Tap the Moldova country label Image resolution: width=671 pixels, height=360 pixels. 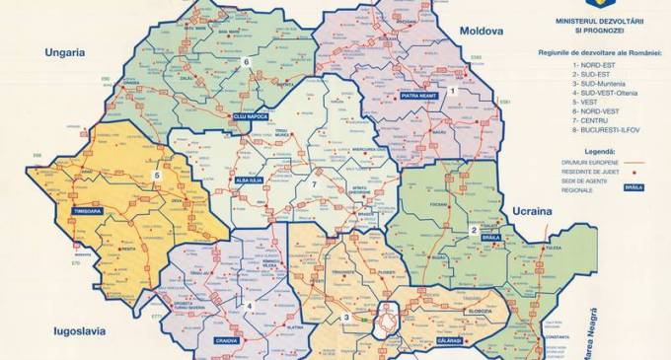coord(479,31)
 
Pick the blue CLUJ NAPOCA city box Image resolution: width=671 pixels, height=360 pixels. coord(251,115)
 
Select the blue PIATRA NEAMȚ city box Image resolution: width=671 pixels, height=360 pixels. coord(421,96)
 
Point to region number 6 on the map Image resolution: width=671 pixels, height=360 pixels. coord(246,64)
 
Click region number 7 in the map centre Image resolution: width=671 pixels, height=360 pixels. coord(315,183)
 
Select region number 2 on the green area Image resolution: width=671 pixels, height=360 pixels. coord(474,230)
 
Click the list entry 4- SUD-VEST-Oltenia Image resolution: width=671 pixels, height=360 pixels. coord(598,91)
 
